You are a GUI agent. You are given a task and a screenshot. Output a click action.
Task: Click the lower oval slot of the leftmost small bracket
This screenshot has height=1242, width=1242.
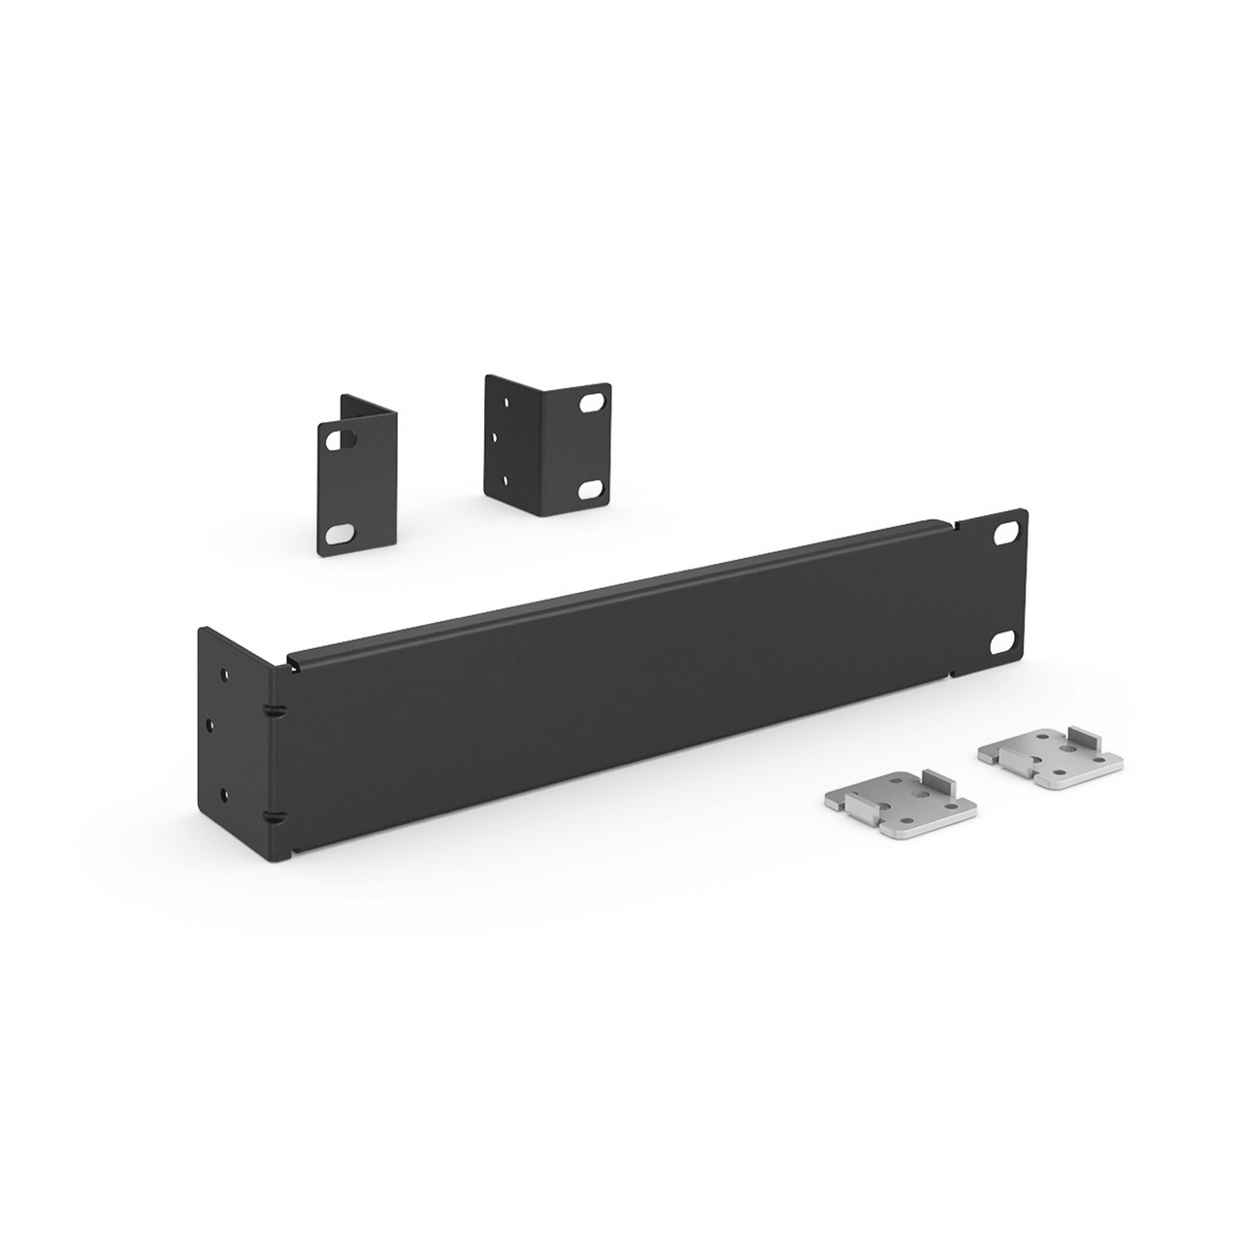[340, 533]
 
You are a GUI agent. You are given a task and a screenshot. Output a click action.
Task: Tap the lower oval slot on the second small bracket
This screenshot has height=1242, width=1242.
[589, 491]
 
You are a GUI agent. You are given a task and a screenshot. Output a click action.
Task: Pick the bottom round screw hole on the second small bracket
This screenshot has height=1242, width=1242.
[504, 478]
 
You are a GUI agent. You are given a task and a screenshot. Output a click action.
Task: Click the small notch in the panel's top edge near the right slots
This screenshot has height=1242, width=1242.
[954, 527]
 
